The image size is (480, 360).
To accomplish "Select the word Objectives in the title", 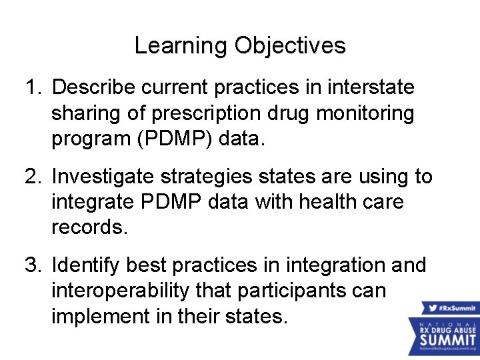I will click(x=290, y=46).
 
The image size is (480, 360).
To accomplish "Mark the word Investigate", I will click(x=100, y=177).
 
